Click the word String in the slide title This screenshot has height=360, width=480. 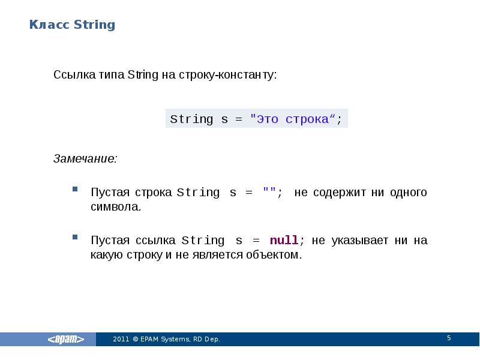pos(94,25)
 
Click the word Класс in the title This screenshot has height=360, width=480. pos(50,25)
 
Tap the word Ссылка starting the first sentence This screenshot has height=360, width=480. pos(71,76)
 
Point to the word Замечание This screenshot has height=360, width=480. pos(85,159)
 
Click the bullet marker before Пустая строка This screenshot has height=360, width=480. pos(75,190)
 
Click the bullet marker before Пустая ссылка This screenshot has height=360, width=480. pos(75,238)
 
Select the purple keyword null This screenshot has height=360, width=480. pos(284,241)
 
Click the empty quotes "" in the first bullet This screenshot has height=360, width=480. pos(269,193)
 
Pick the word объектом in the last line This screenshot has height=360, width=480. pos(273,256)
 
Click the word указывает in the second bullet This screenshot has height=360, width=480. pos(358,241)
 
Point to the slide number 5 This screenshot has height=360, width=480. pos(448,339)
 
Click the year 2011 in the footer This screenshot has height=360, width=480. pos(121,340)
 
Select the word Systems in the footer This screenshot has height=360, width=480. pos(177,340)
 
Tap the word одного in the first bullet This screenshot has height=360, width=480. pos(408,193)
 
